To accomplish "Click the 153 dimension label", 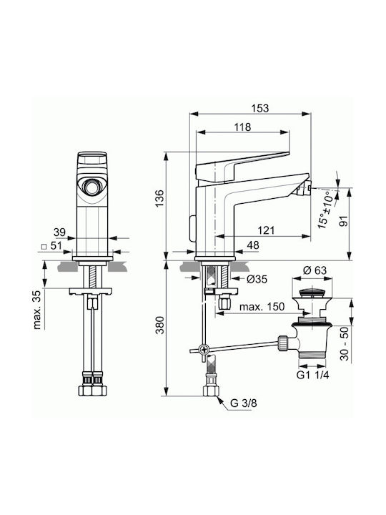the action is [x=259, y=108].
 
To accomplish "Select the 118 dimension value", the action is [x=242, y=127].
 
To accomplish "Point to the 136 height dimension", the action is [x=159, y=198].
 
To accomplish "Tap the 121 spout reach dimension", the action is [x=266, y=230].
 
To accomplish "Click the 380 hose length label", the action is [x=159, y=325].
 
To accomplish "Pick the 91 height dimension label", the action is [x=343, y=221].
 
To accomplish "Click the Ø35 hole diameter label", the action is [x=257, y=279].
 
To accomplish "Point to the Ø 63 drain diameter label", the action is [x=315, y=270].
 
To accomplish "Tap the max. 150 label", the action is [x=262, y=307].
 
